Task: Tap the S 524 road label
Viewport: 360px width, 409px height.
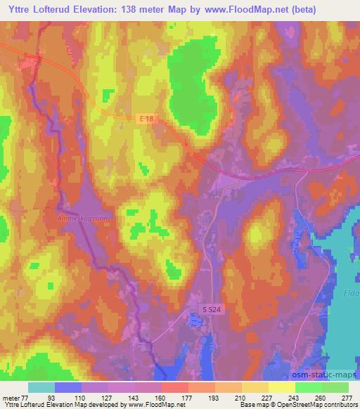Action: pyautogui.click(x=210, y=309)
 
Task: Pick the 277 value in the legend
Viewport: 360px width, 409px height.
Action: pyautogui.click(x=347, y=398)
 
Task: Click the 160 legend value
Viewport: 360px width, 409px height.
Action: pyautogui.click(x=160, y=398)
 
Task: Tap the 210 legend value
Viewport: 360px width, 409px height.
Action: pyautogui.click(x=239, y=398)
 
